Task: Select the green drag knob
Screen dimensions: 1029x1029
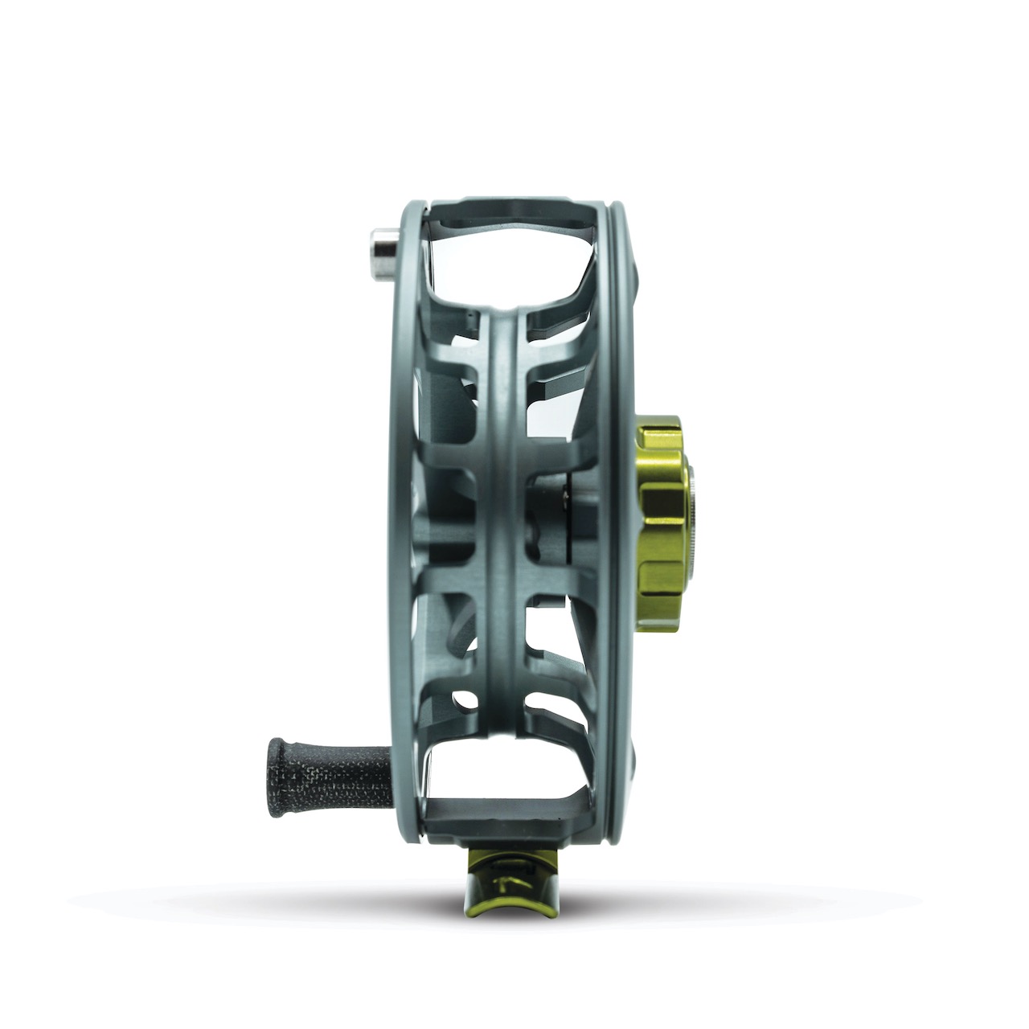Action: coord(661,514)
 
